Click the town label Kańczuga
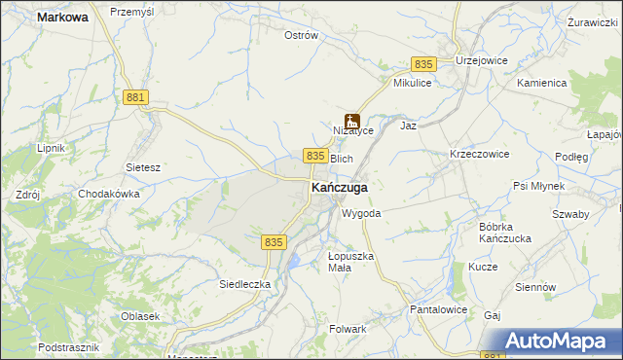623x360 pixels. pos(339,187)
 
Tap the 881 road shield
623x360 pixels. pos(136,97)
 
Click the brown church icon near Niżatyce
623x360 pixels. pos(351,123)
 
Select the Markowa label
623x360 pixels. pos(62,17)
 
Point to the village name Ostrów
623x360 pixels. pos(301,35)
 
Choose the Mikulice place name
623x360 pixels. pos(412,84)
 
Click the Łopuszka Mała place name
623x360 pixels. pos(348,262)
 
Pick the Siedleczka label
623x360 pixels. pos(244,284)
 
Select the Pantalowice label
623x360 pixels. pos(439,309)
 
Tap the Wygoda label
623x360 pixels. pos(360,213)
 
